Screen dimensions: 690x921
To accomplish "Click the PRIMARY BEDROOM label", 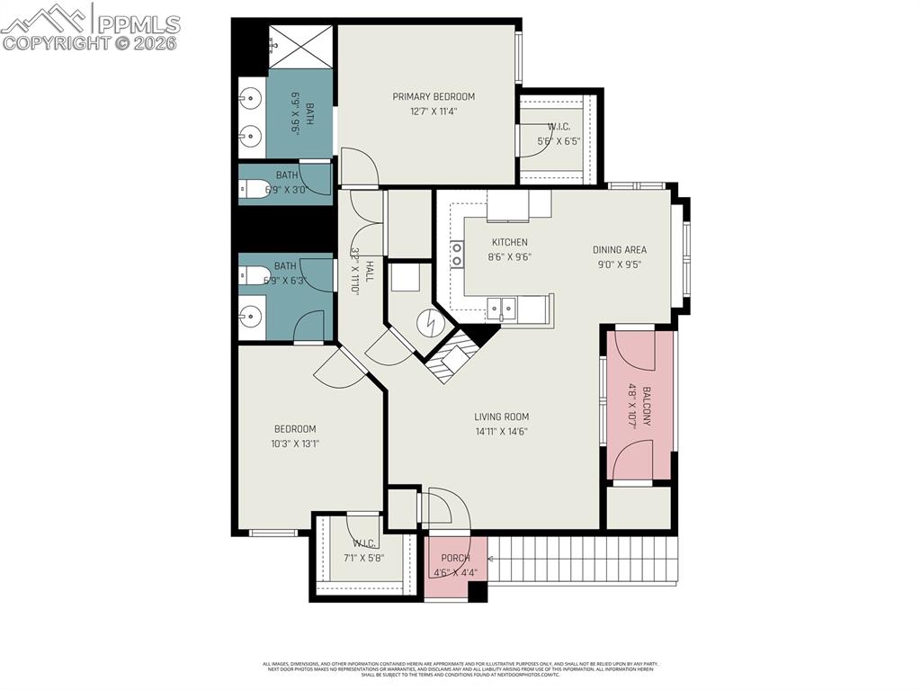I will (x=434, y=97).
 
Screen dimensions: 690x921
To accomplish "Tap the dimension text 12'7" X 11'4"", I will (x=434, y=112).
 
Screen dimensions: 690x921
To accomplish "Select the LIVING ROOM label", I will (x=502, y=417).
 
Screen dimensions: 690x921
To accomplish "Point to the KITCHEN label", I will (x=509, y=242).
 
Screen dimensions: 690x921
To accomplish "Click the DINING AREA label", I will (x=619, y=250).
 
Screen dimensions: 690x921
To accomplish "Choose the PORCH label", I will (x=455, y=559).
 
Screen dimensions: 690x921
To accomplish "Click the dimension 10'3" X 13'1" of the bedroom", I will (x=295, y=444).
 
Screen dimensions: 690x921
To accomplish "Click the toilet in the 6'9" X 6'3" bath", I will (x=254, y=276).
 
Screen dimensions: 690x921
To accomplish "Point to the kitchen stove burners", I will (x=457, y=255).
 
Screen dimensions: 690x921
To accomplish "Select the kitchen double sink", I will (x=502, y=309).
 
